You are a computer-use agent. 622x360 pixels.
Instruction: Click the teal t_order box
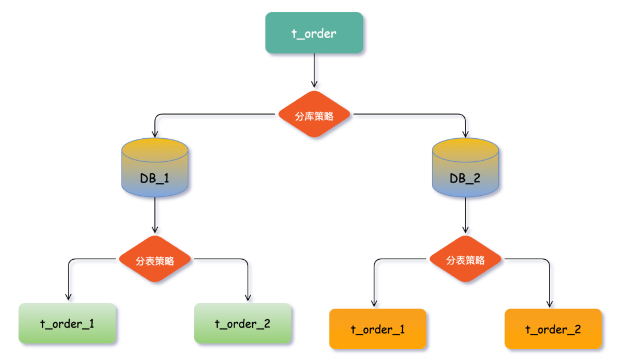(x=314, y=33)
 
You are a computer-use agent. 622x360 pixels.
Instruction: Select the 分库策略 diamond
(x=314, y=115)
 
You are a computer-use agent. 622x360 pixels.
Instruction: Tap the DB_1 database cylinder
(x=155, y=170)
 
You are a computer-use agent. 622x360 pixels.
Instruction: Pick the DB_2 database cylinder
(x=465, y=170)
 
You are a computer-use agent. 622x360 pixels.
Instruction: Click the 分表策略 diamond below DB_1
(x=155, y=260)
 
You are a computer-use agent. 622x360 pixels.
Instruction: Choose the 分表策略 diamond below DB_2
(x=465, y=260)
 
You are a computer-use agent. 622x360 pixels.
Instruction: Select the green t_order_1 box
(x=67, y=324)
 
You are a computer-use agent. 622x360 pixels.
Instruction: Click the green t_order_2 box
(x=242, y=324)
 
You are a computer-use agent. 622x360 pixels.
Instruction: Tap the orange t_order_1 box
(x=377, y=329)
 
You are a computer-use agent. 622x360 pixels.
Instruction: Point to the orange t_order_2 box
(x=553, y=329)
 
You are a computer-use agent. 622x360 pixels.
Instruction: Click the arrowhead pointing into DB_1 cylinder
(x=155, y=134)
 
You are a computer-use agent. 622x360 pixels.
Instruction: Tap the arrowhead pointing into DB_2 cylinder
(x=465, y=134)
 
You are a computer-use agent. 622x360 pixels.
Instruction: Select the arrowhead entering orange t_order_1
(x=374, y=304)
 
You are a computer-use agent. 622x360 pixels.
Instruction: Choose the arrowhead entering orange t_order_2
(x=549, y=304)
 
